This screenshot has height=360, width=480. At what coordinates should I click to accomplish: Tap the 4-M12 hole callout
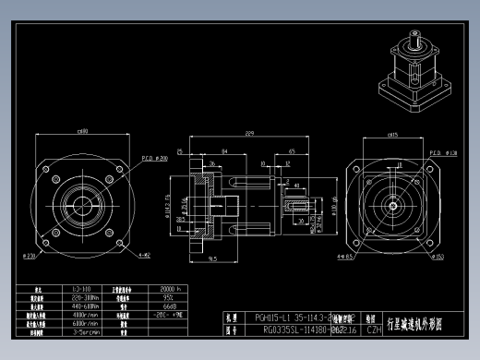(x=144, y=255)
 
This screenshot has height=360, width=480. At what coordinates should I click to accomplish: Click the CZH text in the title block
(x=375, y=328)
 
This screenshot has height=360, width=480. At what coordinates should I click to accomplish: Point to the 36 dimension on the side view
(x=212, y=163)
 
